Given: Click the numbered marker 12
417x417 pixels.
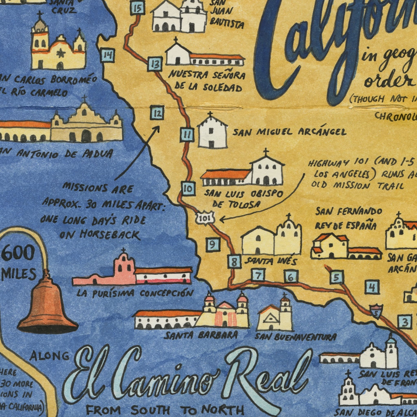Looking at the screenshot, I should [157, 112].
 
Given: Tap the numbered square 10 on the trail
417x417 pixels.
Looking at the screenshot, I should [187, 188].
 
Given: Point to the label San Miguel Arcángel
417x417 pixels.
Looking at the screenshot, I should [289, 132].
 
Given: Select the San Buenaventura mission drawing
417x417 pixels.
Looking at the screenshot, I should [275, 315].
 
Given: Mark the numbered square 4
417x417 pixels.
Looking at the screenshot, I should [372, 287].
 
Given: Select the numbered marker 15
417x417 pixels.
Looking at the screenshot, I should [138, 7].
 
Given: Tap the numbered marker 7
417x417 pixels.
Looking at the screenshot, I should [258, 275].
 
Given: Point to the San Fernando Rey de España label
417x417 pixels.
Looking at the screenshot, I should [349, 218].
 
